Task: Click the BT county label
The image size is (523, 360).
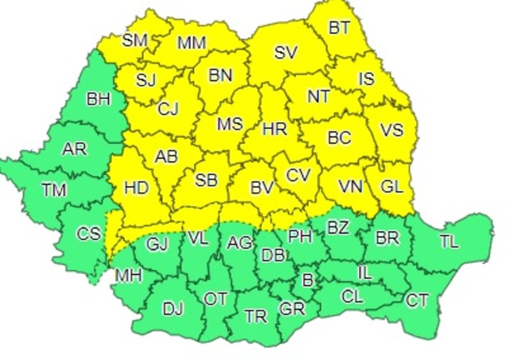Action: pos(339,28)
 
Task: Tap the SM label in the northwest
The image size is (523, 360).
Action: pos(134,41)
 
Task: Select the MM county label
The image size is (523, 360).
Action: pos(191,43)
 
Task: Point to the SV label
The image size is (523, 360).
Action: pos(286,52)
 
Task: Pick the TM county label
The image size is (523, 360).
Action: pos(54,190)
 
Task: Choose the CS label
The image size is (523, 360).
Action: pos(88,233)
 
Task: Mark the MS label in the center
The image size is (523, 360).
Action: pos(230,124)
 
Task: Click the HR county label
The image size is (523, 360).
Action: pos(274,129)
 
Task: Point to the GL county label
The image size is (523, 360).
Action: pos(391,187)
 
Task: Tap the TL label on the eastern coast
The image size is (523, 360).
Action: pos(448,241)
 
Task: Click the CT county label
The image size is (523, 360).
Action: pos(417,301)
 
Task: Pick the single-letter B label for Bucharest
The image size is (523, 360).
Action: pos(308,280)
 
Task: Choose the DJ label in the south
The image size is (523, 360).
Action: pos(173,309)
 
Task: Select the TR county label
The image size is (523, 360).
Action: pos(256,316)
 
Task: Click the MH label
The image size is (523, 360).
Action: pos(128,276)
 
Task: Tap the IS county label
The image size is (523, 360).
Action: pos(366,79)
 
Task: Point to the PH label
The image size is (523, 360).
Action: pos(300,236)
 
